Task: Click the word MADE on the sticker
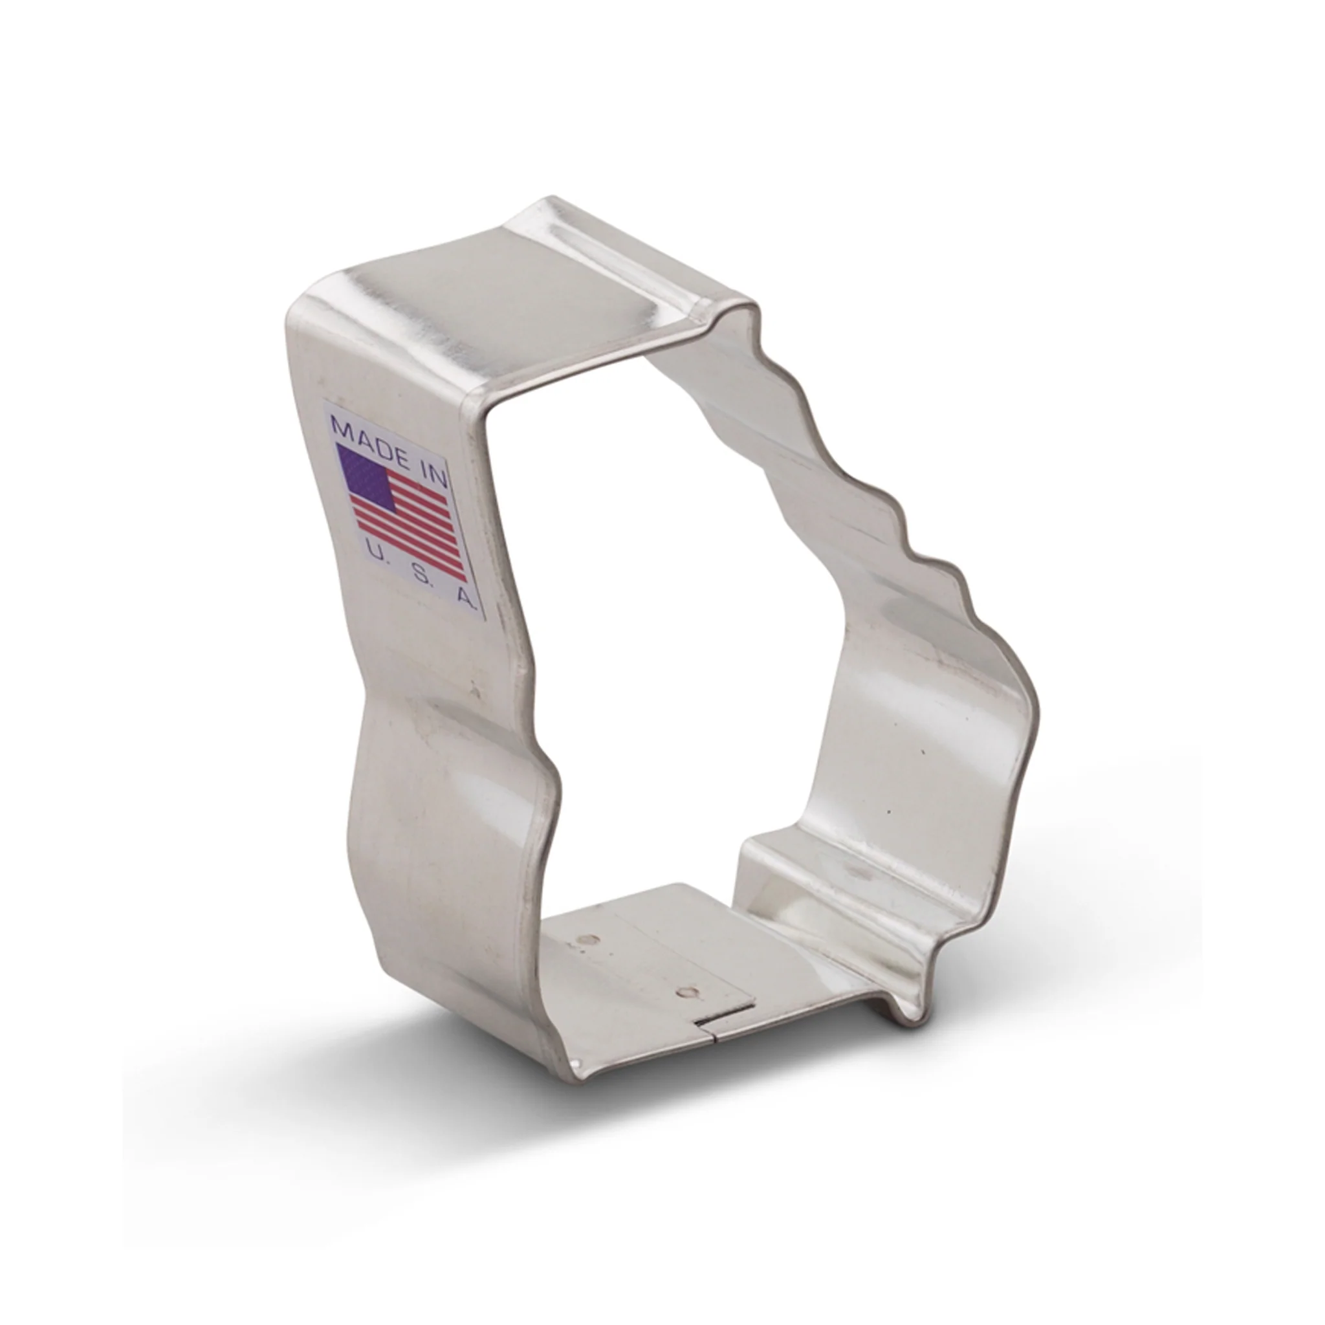point(371,436)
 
